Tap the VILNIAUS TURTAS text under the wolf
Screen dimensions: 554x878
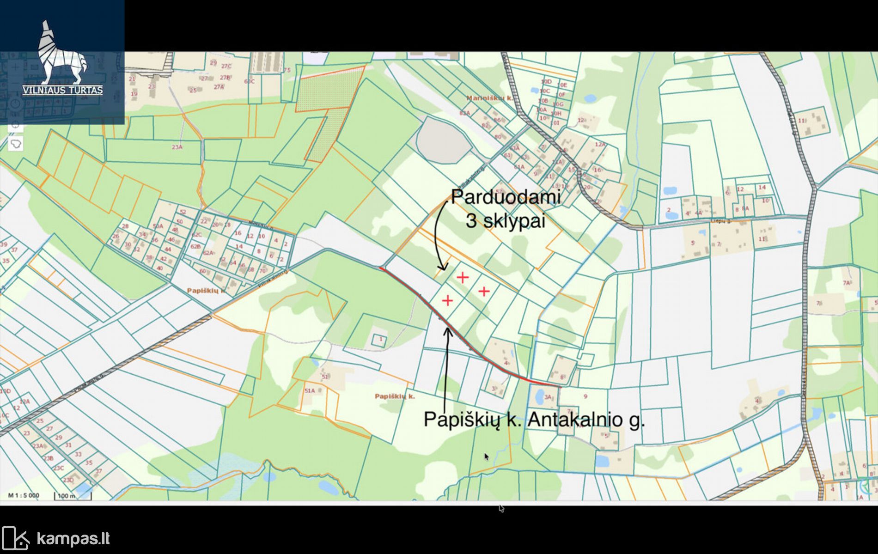point(63,90)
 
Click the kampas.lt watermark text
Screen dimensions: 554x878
point(73,539)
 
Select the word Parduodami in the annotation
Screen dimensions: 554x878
point(506,197)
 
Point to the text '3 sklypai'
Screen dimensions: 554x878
point(506,221)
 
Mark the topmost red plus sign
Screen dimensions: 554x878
point(463,277)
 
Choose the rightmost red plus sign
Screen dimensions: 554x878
point(484,292)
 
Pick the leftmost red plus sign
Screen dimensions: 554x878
point(447,301)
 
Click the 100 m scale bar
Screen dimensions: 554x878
point(73,496)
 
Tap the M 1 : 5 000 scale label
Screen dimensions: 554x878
point(24,495)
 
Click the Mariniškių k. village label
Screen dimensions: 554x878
point(489,98)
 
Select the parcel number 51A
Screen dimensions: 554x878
point(309,390)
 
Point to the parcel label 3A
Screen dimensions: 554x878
point(549,397)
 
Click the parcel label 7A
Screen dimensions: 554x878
point(846,283)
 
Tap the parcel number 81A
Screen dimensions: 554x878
point(464,113)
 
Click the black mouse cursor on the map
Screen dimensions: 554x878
point(486,457)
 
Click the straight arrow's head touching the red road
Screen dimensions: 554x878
point(447,330)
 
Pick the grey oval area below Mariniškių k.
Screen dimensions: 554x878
point(443,140)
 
